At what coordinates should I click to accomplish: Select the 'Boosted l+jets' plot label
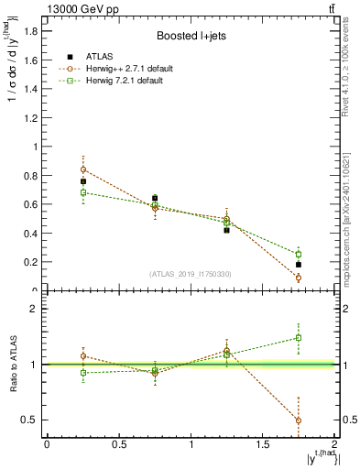[191, 37]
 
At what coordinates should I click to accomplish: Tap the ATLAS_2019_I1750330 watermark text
[191, 274]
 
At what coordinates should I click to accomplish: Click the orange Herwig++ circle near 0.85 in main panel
[83, 169]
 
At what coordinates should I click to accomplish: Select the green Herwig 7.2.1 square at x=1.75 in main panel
[299, 254]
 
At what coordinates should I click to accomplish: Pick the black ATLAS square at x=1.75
[299, 265]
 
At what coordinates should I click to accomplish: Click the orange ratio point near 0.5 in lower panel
[299, 420]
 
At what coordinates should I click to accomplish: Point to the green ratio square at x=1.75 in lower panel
[299, 337]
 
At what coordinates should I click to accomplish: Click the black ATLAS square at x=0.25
[83, 181]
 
